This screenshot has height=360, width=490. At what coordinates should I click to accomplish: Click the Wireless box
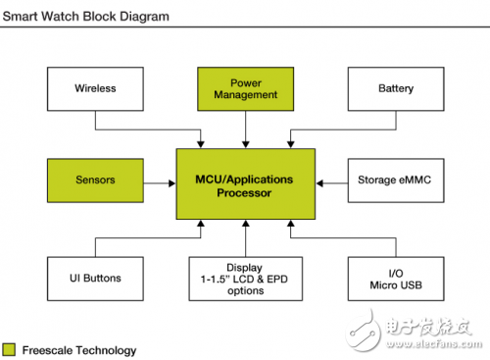click(x=95, y=89)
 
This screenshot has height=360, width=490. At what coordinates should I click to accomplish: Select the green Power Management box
click(x=245, y=89)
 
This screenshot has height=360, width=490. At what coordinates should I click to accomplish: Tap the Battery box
click(x=395, y=89)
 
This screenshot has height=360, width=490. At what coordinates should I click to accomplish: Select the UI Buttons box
click(x=95, y=278)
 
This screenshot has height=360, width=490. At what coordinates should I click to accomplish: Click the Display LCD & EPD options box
click(x=245, y=278)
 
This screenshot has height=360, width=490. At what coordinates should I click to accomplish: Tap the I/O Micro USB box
click(x=395, y=278)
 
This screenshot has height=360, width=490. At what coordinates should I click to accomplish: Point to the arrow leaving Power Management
click(x=245, y=129)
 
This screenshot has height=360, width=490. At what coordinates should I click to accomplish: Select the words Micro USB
click(x=395, y=284)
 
